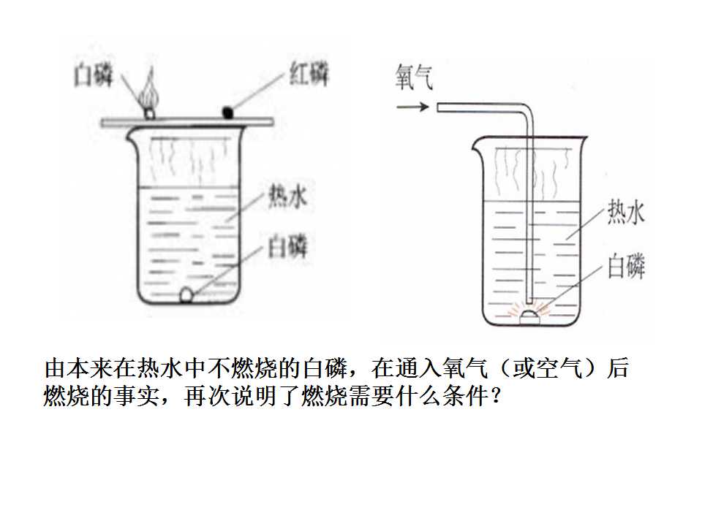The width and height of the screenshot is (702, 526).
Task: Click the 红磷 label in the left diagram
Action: [309, 75]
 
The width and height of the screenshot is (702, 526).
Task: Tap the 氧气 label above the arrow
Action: [414, 77]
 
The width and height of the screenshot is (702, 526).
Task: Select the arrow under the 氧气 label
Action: [412, 107]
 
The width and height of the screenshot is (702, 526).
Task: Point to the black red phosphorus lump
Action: [228, 112]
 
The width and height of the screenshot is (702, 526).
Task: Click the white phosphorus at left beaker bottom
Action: [186, 295]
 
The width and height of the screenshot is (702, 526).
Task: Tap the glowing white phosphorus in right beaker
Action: [529, 316]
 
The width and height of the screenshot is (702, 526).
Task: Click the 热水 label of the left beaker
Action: [287, 196]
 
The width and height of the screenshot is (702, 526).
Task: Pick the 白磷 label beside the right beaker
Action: [627, 266]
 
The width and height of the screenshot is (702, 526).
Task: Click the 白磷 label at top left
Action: [93, 75]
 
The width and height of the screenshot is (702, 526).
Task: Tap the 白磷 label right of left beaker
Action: [287, 246]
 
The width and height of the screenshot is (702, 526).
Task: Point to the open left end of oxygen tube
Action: [438, 107]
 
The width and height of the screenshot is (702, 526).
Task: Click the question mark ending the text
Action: [495, 395]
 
